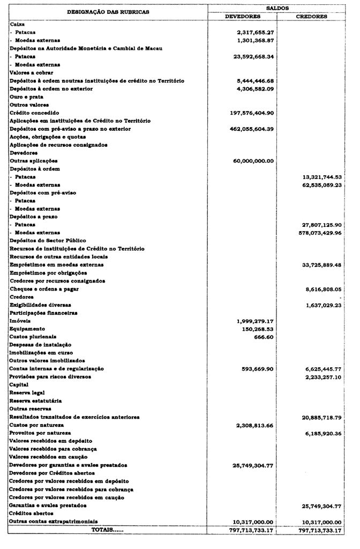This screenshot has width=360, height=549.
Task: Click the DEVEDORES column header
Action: tap(242, 17)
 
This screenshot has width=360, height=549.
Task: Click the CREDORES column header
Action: tap(311, 17)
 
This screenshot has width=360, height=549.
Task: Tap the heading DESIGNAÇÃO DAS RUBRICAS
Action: tap(108, 12)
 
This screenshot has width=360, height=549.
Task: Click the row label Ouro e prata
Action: tap(26, 97)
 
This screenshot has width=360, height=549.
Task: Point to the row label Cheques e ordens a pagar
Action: tap(44, 289)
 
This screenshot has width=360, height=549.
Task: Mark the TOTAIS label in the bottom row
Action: tap(107, 530)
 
